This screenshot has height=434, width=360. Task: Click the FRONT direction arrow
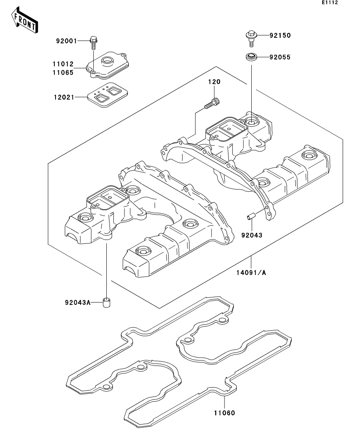(24, 20)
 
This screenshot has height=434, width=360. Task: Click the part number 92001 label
(67, 41)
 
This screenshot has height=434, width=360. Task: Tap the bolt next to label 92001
(93, 42)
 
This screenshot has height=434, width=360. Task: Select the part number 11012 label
(63, 64)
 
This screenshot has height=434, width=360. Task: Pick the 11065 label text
(63, 72)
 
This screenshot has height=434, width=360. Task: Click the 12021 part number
(64, 97)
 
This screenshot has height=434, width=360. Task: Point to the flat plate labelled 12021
(108, 95)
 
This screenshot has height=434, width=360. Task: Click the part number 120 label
(214, 82)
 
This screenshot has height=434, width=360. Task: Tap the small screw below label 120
(212, 103)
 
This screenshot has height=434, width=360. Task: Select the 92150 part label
(280, 35)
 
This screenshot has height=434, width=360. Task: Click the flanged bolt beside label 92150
(251, 39)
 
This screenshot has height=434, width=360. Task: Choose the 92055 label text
(280, 57)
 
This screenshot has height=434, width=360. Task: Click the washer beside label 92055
(251, 57)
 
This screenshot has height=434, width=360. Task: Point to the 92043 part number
(252, 235)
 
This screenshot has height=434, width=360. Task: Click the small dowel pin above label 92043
(251, 216)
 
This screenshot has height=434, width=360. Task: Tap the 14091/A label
(251, 273)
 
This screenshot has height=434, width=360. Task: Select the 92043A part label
(78, 303)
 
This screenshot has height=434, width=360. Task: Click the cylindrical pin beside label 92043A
(106, 303)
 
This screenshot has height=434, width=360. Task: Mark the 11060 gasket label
(225, 413)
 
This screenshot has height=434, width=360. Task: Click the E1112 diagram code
(330, 2)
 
